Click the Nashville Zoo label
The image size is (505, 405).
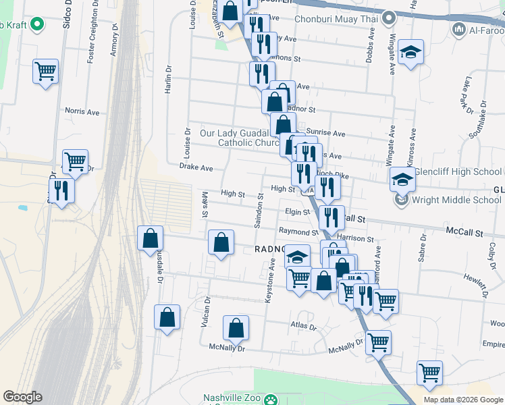[231, 398]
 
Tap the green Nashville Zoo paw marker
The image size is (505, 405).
[271, 400]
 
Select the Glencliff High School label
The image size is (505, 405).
[459, 171]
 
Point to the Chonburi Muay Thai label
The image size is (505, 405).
[336, 20]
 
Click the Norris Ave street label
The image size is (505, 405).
[82, 110]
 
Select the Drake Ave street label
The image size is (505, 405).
[196, 167]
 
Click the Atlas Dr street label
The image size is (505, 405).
[303, 327]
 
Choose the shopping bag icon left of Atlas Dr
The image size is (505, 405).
[236, 328]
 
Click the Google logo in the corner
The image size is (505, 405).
[22, 397]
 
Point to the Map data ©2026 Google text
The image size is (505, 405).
[462, 400]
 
